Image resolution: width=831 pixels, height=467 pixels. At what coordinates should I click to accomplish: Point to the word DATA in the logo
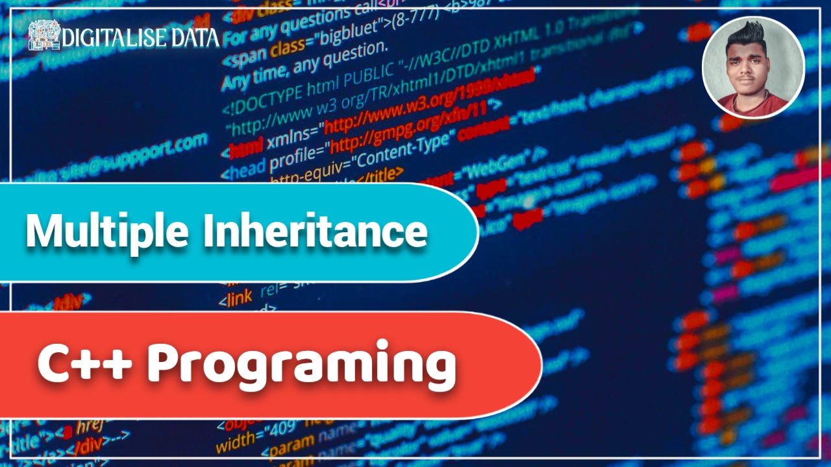195,38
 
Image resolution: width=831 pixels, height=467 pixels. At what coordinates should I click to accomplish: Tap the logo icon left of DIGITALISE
44,36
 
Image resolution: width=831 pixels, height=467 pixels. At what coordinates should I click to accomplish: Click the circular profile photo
753,68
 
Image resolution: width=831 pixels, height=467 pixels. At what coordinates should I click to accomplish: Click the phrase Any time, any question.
305,65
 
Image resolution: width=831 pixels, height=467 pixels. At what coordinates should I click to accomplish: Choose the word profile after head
297,156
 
